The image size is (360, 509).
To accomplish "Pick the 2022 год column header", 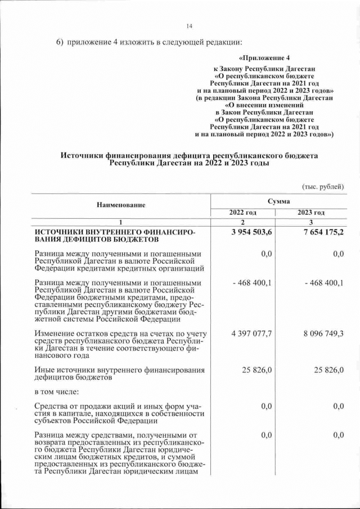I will (x=242, y=212).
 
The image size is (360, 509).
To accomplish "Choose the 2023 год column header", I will (x=311, y=212).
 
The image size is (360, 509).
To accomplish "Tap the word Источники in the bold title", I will (x=84, y=155).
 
